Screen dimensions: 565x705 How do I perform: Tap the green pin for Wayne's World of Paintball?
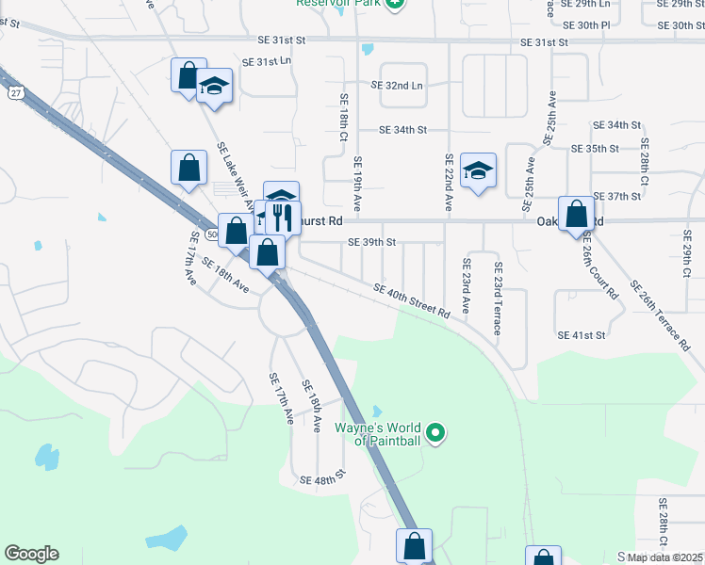click(434, 433)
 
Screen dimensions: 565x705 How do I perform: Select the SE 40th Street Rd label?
click(411, 303)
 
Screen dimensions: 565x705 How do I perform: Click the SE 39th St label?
click(371, 242)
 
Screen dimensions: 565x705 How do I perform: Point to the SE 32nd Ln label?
click(397, 85)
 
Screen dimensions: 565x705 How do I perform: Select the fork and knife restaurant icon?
click(283, 218)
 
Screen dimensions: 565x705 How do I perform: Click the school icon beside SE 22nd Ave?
click(479, 171)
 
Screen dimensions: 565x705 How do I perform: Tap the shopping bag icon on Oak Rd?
click(576, 214)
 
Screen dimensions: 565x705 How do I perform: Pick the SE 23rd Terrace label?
click(497, 299)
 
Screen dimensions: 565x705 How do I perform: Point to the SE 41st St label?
click(582, 335)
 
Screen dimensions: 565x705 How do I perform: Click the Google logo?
click(32, 554)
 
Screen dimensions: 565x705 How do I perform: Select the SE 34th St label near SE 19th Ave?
click(403, 130)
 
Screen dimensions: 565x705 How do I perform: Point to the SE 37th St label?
click(617, 196)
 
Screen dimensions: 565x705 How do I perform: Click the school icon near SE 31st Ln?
click(215, 89)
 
